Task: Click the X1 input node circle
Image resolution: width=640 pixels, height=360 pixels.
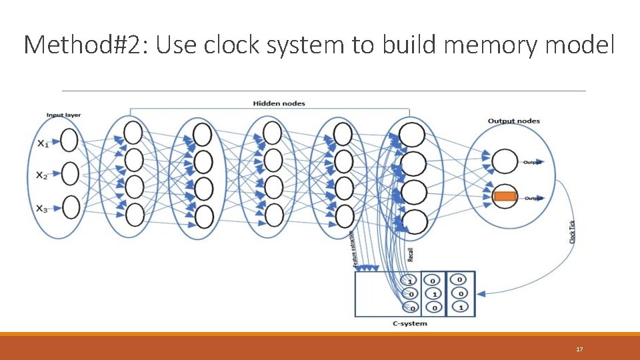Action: (x=69, y=141)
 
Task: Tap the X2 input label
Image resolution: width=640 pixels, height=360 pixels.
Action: (x=42, y=175)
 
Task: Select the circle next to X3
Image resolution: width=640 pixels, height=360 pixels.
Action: (x=70, y=207)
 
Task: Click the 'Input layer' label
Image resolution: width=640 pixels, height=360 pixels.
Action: (x=63, y=115)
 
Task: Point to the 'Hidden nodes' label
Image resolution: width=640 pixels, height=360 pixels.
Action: (x=279, y=103)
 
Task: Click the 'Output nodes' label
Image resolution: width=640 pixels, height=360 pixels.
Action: (x=513, y=121)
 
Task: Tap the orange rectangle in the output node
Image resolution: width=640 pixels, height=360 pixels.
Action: (x=505, y=196)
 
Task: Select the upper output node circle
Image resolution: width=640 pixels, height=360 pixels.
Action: (x=505, y=161)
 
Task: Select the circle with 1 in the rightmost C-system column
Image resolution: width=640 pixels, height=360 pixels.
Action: (x=460, y=307)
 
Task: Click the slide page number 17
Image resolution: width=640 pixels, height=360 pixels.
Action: (x=579, y=349)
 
